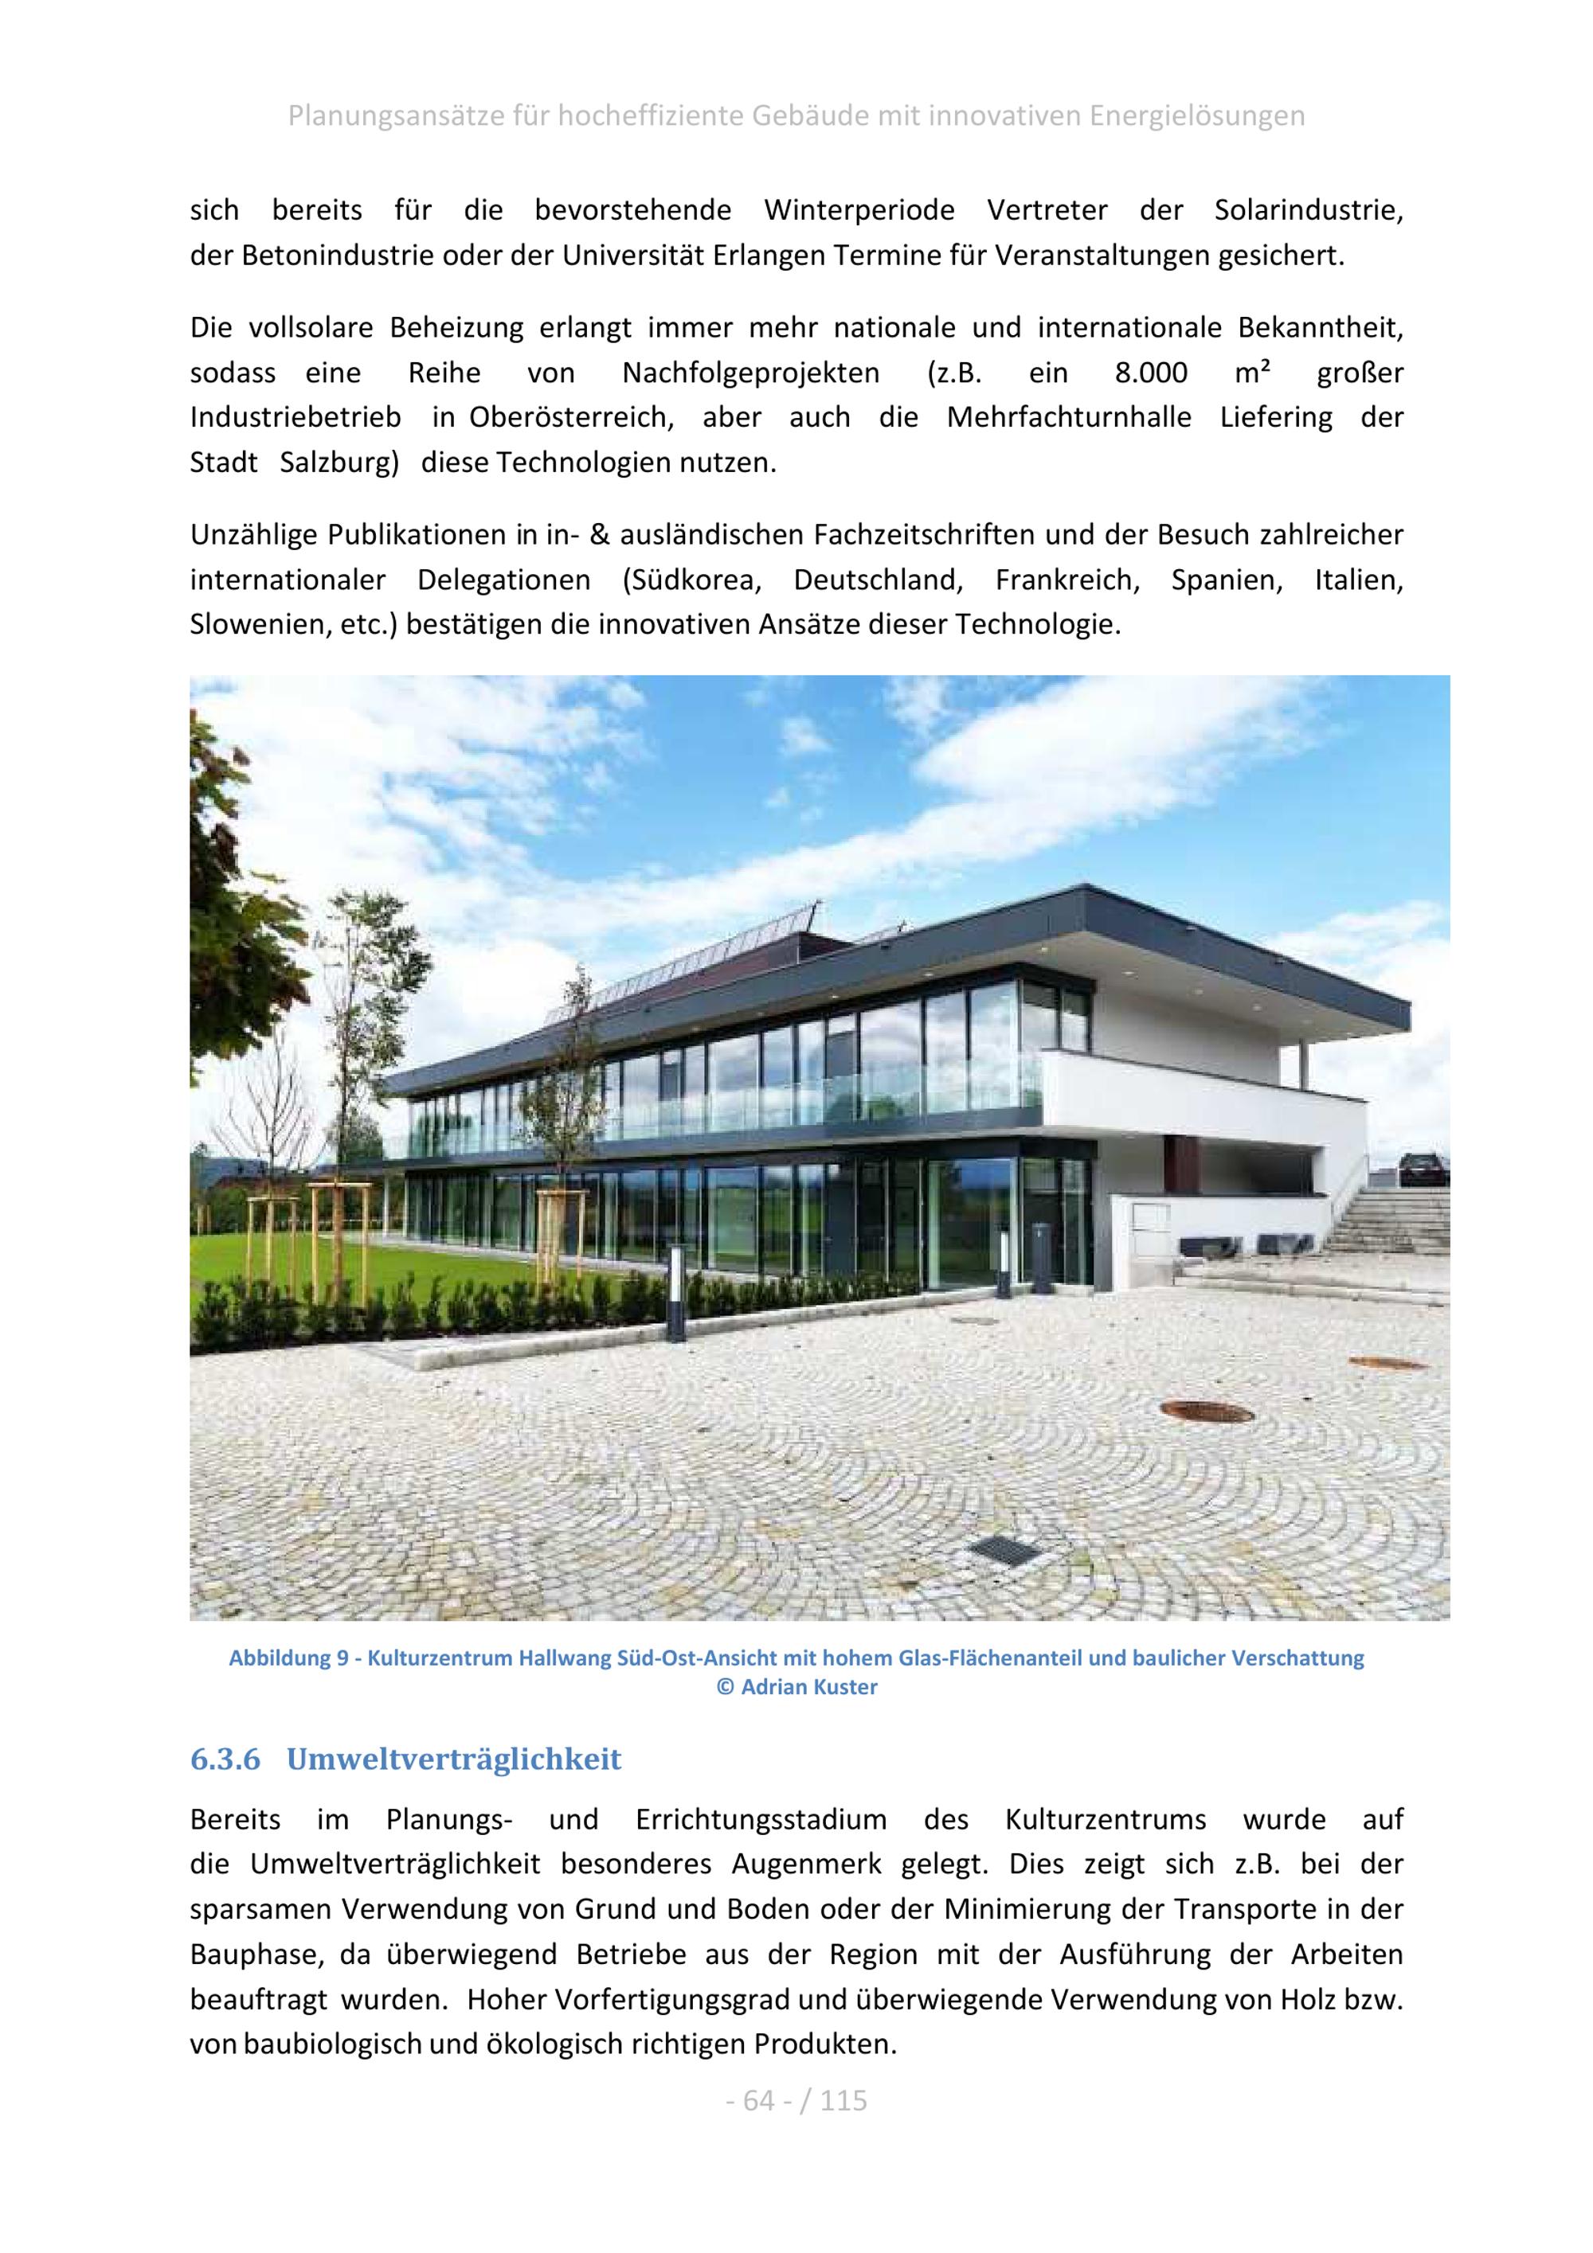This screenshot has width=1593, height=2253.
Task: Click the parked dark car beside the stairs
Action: [1423, 1169]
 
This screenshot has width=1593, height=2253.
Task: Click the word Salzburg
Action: [339, 463]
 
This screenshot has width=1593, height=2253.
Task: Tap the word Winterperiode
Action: [859, 210]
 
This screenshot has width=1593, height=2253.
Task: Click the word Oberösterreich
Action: [570, 417]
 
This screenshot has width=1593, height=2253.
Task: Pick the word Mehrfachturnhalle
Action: [1069, 417]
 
